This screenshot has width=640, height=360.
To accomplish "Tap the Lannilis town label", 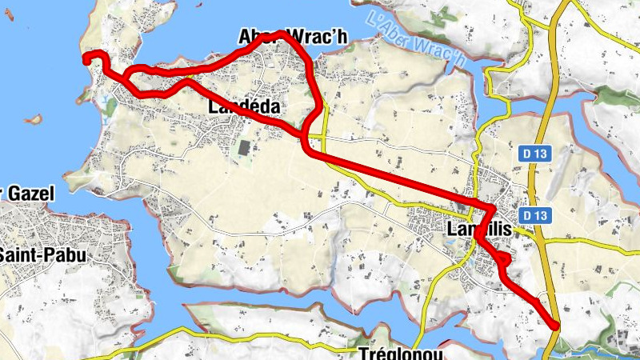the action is [477, 230].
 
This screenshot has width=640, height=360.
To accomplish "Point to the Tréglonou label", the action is [399, 354].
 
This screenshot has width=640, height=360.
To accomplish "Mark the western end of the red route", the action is [87, 58].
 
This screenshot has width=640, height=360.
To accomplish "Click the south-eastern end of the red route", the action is [556, 324].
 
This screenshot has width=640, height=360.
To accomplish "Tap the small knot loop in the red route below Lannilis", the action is [503, 258].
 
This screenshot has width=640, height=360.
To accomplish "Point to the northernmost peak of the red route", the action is [279, 34].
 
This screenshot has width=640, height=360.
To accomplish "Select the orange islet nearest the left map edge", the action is [32, 120].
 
